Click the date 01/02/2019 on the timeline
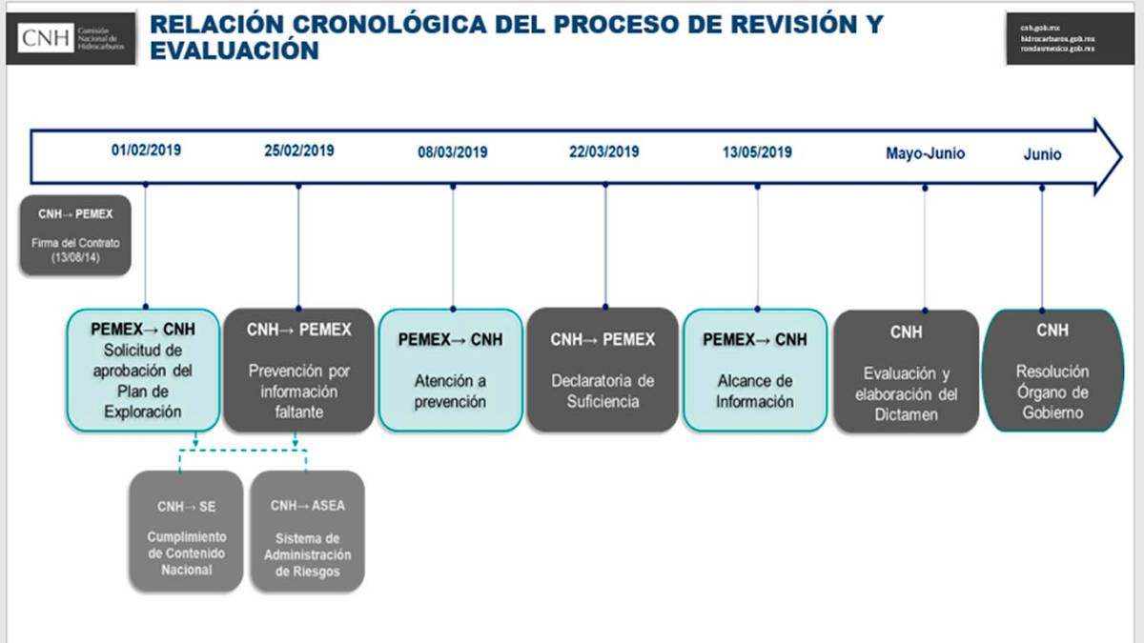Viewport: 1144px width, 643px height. coord(146,151)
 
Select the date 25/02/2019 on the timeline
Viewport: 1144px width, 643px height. coord(298,151)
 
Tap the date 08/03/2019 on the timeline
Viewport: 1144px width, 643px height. coord(452,151)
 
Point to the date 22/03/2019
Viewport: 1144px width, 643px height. coord(604,151)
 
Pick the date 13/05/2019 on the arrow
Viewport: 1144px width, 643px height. coord(757,151)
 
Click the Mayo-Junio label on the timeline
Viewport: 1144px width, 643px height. coord(925,152)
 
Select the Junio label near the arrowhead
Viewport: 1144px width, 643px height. coord(1042,154)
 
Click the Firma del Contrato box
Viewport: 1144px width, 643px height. coord(75,235)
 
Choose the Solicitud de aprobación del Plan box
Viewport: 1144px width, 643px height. coord(142,370)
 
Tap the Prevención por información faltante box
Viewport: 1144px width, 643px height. coord(298,370)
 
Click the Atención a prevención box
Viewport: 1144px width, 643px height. coord(450,370)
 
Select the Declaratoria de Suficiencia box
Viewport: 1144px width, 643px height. coord(603,370)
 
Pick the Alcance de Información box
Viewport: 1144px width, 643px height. coord(755,370)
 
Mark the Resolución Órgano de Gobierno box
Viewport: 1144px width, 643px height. coord(1052,371)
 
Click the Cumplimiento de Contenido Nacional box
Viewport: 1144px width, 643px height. coord(186,531)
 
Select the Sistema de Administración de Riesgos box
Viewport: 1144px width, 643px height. coord(307,531)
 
